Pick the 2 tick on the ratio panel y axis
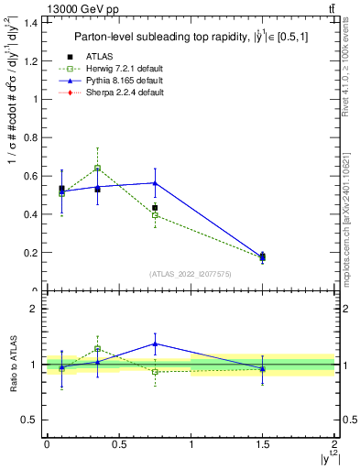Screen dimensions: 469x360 click(35, 309)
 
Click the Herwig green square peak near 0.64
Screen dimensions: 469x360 click(97, 168)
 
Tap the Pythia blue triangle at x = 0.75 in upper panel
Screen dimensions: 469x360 click(155, 183)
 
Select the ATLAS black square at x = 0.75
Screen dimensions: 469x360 click(155, 208)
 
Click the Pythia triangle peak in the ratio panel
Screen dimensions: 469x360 click(155, 344)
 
